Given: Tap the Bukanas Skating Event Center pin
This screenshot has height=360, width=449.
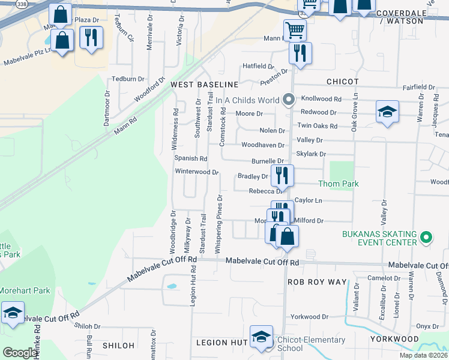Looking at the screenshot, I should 426,238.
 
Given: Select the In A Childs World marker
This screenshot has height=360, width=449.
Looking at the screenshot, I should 288,100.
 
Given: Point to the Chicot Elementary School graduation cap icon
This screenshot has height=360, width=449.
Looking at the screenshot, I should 261,337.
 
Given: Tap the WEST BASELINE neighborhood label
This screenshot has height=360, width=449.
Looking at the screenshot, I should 205,85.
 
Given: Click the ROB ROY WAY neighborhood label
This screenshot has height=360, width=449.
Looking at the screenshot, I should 317,282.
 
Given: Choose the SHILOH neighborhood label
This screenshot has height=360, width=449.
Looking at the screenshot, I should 118,346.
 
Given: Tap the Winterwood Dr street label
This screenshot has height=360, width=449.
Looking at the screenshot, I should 196,172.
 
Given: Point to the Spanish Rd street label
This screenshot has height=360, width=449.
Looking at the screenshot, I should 190,158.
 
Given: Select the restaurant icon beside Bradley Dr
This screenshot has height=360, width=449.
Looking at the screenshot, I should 282,175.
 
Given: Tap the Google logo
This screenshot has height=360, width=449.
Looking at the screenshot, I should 20,353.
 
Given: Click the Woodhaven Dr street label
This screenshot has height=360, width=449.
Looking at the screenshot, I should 262,145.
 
